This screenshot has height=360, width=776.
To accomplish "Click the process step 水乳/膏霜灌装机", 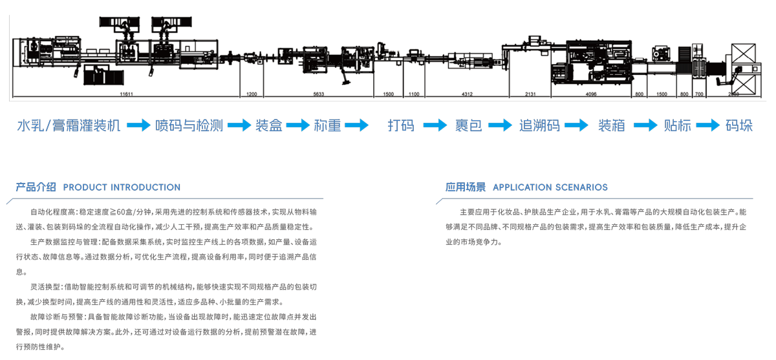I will click(69, 125).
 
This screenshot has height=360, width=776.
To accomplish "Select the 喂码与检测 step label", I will click(189, 125).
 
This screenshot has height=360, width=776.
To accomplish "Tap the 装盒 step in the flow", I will click(269, 125).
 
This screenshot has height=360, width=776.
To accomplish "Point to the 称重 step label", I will click(328, 125).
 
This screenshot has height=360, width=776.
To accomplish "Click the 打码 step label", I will click(401, 125).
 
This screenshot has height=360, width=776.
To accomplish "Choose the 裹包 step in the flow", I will click(468, 125).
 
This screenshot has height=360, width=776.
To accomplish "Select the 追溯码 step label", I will click(539, 125).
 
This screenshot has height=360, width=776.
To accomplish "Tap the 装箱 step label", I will click(611, 125).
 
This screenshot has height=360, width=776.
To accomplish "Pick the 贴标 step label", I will click(677, 125).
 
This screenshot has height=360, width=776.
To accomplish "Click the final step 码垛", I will click(739, 125).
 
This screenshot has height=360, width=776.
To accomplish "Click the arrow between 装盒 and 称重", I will click(298, 125).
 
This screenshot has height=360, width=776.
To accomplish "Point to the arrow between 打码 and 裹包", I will click(435, 125).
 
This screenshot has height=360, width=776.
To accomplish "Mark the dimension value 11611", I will click(126, 94).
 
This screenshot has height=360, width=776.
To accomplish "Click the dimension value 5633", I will click(318, 94).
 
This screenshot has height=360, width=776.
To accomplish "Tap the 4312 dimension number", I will click(467, 94).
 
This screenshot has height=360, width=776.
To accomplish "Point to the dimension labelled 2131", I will click(530, 94).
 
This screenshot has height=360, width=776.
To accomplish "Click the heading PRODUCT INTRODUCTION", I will click(122, 187).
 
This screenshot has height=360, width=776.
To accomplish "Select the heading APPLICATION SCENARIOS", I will click(550, 187).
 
